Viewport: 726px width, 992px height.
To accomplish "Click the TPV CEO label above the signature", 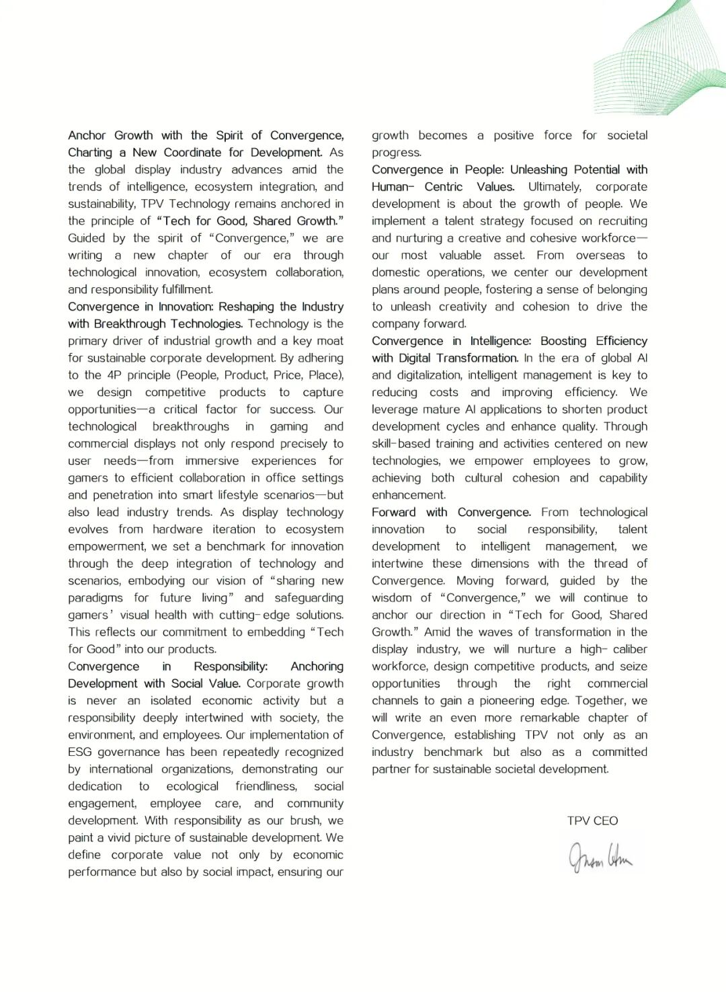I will coord(592,821).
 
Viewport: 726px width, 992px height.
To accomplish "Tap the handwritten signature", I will coord(600,857).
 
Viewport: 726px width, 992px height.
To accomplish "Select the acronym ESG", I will coord(80,752).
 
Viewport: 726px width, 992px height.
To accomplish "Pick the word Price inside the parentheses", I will coord(286,375).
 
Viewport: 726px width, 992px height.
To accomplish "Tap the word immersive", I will coord(212,461).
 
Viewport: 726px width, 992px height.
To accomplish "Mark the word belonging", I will coord(615,290).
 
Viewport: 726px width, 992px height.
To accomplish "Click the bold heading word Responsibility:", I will coord(231,666).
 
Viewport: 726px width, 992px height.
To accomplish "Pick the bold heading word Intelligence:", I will coord(501,341).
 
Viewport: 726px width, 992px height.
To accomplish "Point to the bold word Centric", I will coord(444,187).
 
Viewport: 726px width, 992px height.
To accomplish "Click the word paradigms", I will coord(95,598).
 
